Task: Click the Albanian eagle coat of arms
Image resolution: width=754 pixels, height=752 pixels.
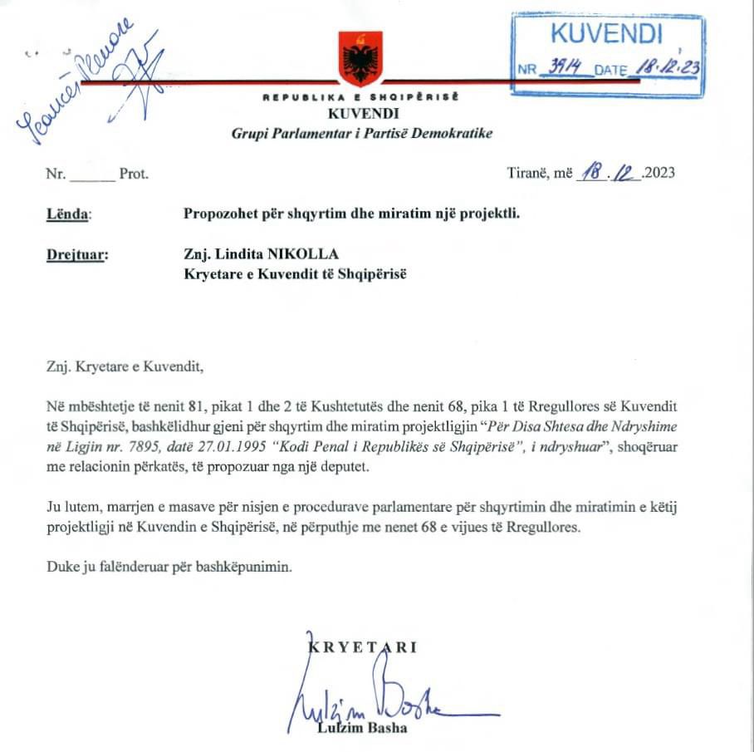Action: pos(361,59)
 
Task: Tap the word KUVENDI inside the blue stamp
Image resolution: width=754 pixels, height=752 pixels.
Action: pos(607,34)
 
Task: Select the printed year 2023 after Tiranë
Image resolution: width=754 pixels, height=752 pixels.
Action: pos(659,174)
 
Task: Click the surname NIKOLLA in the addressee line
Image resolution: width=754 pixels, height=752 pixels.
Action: pos(311,254)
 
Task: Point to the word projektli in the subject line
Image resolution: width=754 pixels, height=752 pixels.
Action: pos(491,213)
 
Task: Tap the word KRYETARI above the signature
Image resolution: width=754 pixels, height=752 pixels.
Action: pos(363,647)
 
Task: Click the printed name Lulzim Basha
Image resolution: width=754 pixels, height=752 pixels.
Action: pos(362,730)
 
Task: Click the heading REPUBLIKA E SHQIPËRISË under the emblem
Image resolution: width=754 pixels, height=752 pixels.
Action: pos(361,97)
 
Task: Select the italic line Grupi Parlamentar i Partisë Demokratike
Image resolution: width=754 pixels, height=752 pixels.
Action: pos(362,134)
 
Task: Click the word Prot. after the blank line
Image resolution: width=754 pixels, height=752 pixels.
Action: pos(134,174)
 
